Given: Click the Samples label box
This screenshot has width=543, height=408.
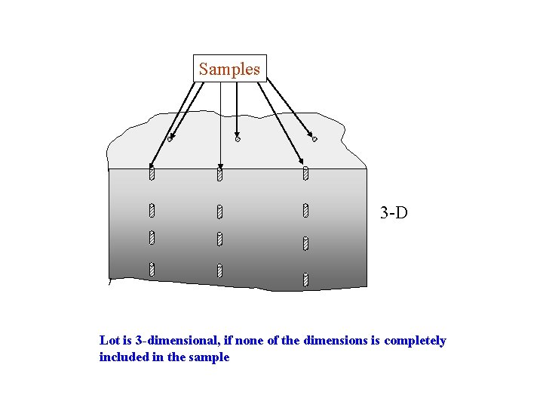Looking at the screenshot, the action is point(230,69).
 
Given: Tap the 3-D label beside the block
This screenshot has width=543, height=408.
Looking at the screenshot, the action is point(394,213).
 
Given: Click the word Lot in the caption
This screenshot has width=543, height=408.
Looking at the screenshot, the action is point(109,341).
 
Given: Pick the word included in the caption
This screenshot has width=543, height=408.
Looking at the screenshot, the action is point(124,357).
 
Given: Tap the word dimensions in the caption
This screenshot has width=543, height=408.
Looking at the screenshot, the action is point(336,341).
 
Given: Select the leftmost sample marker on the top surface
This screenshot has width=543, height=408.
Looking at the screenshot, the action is point(170,139).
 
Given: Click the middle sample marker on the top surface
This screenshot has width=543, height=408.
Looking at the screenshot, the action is point(238,139).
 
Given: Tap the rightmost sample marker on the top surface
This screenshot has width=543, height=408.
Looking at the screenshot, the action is point(314,138).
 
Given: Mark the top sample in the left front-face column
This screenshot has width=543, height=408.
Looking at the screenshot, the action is point(152,175).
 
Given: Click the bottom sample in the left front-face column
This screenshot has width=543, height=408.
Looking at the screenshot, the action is point(152,268).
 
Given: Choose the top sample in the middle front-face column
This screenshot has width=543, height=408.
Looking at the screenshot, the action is point(219,175).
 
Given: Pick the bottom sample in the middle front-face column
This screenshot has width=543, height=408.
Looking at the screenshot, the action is point(219,270).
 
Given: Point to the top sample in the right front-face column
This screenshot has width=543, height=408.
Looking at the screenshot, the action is point(305,174).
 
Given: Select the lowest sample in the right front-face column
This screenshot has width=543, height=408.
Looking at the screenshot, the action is point(305,280).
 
